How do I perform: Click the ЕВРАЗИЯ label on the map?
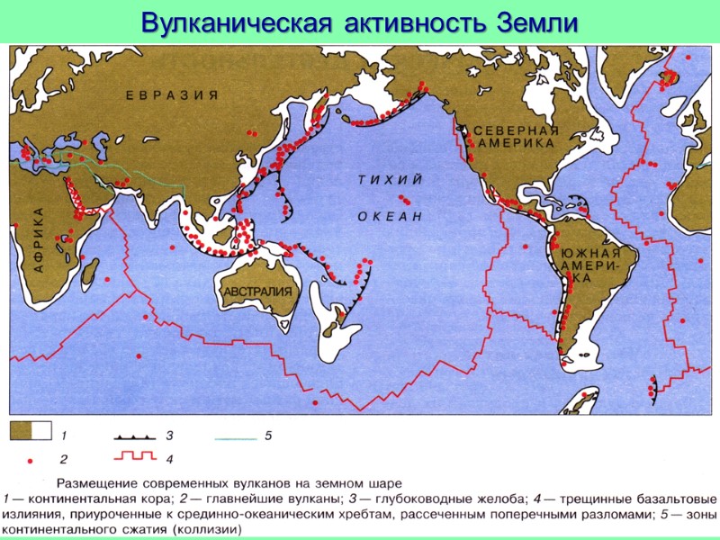pos(173,95)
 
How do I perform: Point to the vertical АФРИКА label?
pos(39,239)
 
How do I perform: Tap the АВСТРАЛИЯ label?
pos(257,292)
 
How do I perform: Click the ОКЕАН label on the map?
pos(390,216)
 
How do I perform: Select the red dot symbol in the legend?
pos(29,460)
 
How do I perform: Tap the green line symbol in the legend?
pos(236,436)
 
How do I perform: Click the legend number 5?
pos(267,436)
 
